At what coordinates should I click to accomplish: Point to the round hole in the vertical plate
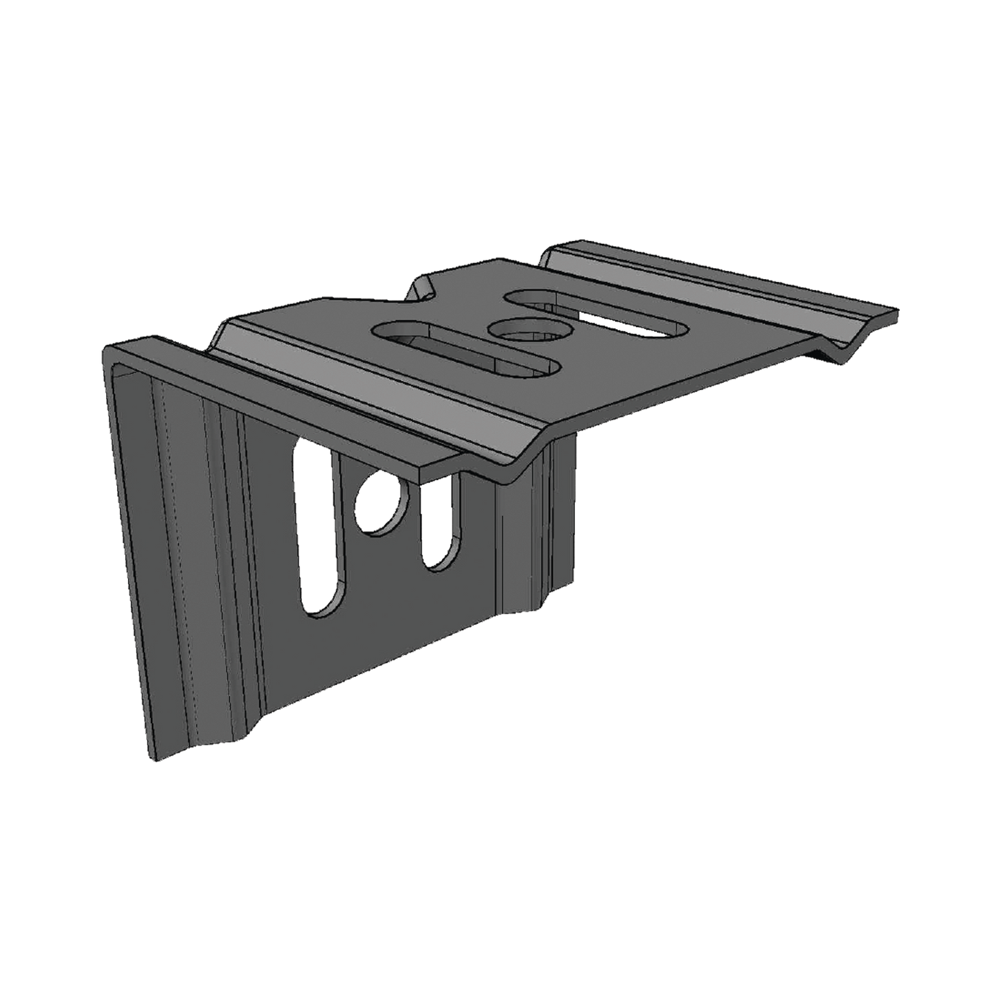[x=380, y=502]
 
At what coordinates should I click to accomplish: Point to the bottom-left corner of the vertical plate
[x=150, y=759]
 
